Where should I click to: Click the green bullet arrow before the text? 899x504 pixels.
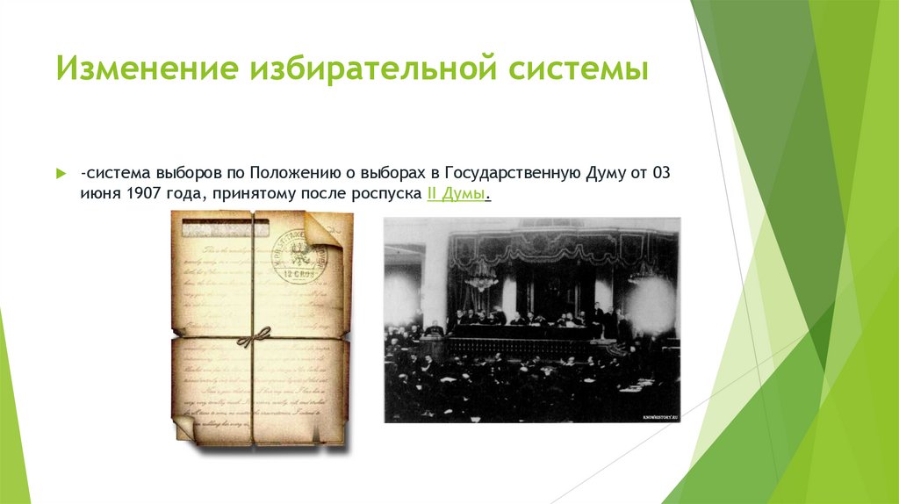61,172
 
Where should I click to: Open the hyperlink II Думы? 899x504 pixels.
457,194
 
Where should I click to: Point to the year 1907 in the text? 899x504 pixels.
141,194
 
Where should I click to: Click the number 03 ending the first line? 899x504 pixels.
661,172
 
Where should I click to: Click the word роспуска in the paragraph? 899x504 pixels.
387,194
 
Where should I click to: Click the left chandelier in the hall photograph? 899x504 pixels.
480,279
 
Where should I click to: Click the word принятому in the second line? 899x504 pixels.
248,194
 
